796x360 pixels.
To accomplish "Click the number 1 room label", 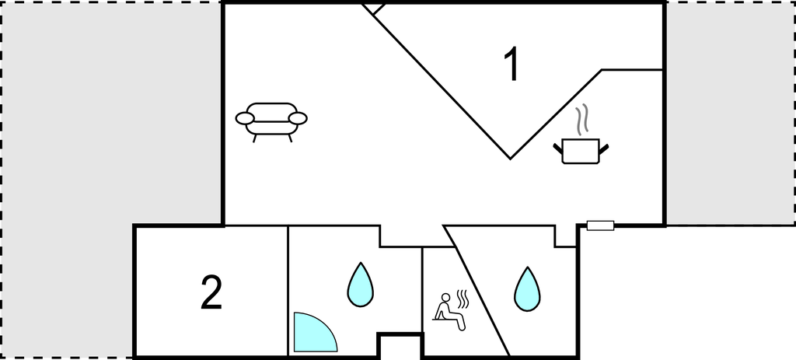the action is [511, 64].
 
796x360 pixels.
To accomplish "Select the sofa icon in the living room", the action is [271, 122].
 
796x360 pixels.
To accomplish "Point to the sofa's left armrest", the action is [244, 119].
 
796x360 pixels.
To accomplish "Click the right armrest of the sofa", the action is [298, 118].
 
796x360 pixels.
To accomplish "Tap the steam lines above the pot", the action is [583, 119].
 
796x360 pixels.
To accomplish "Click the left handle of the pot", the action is [558, 149].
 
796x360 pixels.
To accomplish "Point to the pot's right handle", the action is [603, 149].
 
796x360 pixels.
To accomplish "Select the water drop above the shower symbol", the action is [360, 285].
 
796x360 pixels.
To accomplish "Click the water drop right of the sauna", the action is [527, 290].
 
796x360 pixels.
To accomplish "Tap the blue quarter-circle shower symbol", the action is [313, 334].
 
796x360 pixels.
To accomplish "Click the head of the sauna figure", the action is [445, 297].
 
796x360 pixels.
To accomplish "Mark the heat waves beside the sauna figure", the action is [463, 299].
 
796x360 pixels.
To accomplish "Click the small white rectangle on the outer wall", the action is [601, 225].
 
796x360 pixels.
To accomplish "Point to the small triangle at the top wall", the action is [374, 9].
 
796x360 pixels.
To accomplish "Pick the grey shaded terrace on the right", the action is [730, 113].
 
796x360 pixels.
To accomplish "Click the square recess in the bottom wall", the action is [400, 346].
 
